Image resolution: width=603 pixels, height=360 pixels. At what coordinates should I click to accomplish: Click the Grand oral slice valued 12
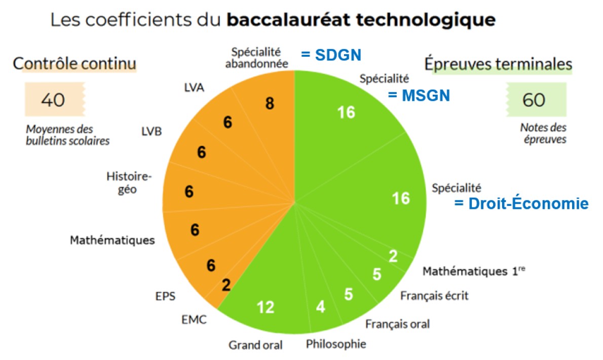266,307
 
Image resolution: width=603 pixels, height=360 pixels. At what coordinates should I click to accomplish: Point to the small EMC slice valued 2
226,285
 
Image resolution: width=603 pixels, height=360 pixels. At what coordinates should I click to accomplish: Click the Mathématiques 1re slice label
474,271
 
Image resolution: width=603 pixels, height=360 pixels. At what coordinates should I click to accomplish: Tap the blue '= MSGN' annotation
419,95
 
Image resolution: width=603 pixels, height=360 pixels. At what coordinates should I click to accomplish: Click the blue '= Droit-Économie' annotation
521,204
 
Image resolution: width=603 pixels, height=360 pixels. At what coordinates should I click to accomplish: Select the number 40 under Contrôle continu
53,100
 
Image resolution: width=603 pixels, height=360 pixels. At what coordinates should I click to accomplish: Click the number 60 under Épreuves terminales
534,100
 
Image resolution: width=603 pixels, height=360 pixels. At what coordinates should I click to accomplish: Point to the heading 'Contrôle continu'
74,64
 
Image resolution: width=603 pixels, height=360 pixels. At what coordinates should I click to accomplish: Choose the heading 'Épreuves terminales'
498,64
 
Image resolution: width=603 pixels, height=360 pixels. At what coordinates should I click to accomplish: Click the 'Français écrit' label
434,296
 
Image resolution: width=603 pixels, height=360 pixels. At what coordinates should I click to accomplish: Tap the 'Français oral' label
397,323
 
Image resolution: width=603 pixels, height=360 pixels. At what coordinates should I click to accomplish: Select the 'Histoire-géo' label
129,183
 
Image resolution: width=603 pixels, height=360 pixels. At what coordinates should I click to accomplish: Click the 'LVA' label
194,88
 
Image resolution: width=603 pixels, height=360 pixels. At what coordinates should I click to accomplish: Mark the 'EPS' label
165,296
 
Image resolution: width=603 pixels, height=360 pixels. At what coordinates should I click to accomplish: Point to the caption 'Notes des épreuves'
543,133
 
